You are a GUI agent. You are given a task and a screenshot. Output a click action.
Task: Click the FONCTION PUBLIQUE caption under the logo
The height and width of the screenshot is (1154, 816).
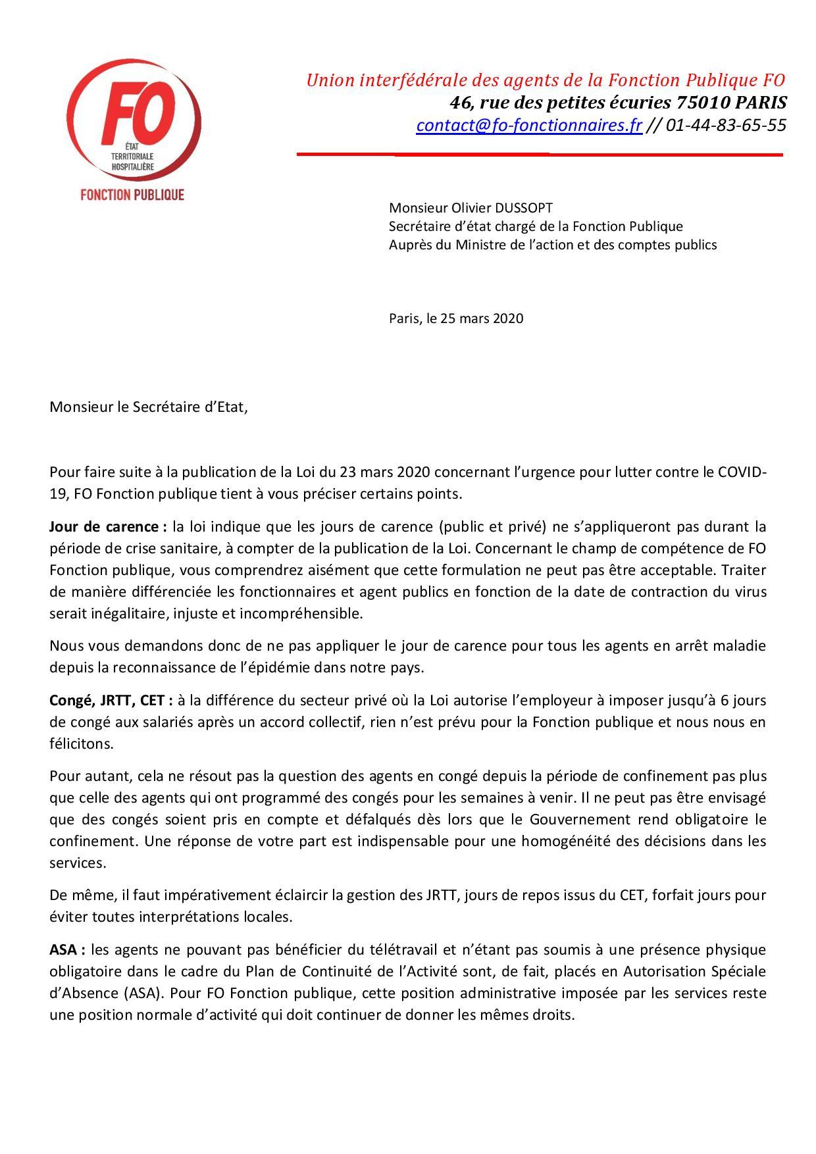tap(132, 195)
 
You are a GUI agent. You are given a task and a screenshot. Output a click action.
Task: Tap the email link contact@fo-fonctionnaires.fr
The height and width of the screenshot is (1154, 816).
tap(528, 125)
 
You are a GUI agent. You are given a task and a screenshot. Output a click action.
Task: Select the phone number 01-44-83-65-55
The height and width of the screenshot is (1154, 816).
tap(726, 125)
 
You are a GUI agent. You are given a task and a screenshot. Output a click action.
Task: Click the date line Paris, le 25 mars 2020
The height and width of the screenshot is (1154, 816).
tap(456, 318)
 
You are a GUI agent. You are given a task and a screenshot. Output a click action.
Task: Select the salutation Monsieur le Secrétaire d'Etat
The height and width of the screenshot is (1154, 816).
tap(149, 407)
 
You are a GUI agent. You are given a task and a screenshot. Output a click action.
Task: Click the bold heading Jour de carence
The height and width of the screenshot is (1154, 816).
tap(103, 527)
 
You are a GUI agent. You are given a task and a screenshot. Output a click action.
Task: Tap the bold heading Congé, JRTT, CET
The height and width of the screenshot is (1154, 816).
tap(111, 701)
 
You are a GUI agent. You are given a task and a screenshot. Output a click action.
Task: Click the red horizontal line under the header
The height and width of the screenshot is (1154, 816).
tap(540, 155)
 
